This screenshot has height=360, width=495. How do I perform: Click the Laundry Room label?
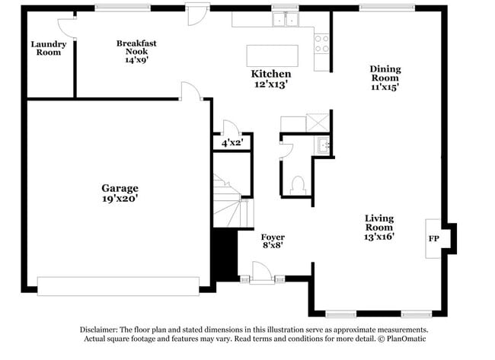tap(49, 48)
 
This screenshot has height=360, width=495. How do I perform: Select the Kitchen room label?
tap(270, 74)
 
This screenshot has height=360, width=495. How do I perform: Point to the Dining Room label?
tap(385, 73)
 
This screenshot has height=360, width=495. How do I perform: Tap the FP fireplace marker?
tap(434, 238)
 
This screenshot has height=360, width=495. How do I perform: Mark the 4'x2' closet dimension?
tap(231, 142)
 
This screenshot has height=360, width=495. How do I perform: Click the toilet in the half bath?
tap(298, 184)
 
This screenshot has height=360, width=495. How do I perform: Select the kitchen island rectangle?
tap(272, 56)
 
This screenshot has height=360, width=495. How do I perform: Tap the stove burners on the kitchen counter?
tap(321, 43)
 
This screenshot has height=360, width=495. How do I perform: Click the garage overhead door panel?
tap(117, 285)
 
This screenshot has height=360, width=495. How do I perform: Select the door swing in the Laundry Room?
tap(66, 27)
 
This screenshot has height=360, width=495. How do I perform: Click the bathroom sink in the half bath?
tap(323, 145)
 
